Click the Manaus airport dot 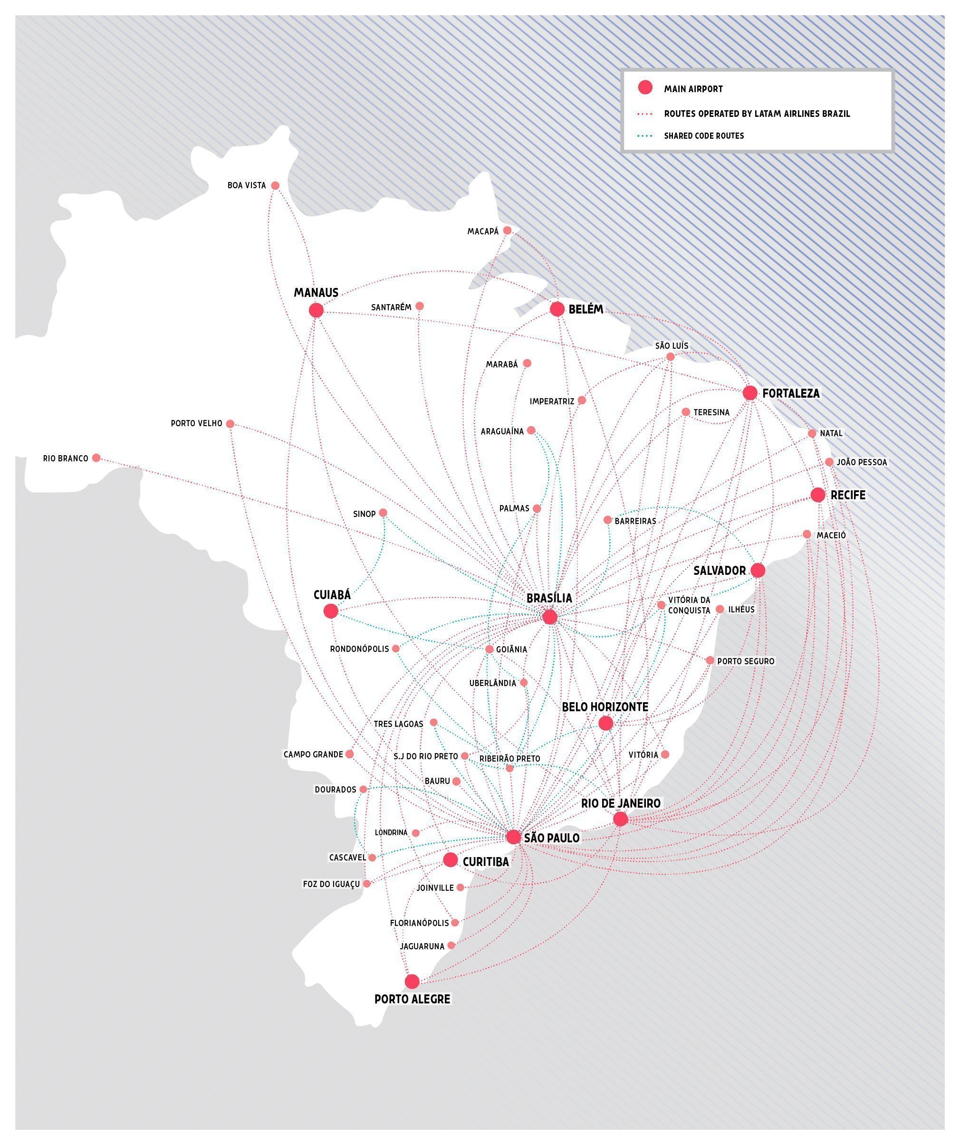(x=316, y=310)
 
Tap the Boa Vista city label (x=247, y=185)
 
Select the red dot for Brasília (x=549, y=617)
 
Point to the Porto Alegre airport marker (x=412, y=982)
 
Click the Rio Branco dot (x=96, y=458)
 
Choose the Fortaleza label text (x=790, y=393)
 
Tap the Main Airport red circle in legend (x=645, y=87)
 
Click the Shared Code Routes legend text (x=704, y=136)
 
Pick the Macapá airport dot (x=507, y=230)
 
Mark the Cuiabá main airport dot (x=331, y=611)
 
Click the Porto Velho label (x=196, y=423)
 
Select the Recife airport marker (x=817, y=495)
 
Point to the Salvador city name (x=720, y=570)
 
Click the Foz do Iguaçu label (x=331, y=884)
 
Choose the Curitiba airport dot (x=450, y=859)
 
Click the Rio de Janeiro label (x=620, y=803)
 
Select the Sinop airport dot (x=383, y=513)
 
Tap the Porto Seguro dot (x=710, y=660)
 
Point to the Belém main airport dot (x=557, y=309)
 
